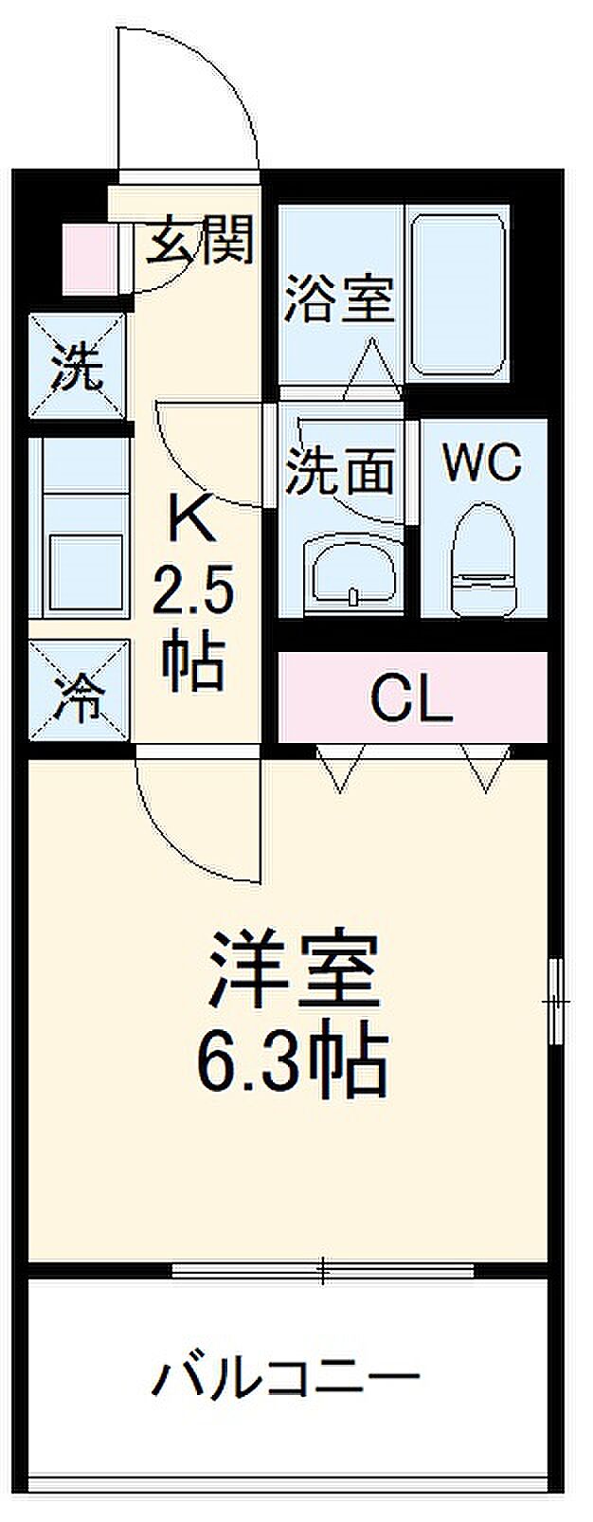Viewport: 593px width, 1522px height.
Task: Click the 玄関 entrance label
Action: pos(200,239)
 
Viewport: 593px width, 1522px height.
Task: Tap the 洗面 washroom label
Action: pos(340,469)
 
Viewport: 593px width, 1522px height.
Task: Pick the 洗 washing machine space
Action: pos(76,365)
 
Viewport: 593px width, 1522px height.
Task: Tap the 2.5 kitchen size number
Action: pos(193,593)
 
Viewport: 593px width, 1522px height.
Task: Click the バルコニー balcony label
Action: pos(285,1379)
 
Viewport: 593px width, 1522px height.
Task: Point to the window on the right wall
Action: pos(556,1000)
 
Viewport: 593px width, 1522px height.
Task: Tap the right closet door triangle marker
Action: pos(487,769)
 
